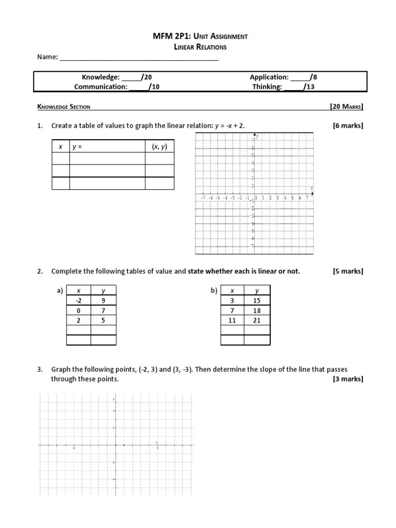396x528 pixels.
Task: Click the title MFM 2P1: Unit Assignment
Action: (x=200, y=36)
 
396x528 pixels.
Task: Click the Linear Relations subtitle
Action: (x=200, y=47)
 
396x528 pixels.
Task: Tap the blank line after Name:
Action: (x=139, y=58)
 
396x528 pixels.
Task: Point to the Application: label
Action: (x=269, y=77)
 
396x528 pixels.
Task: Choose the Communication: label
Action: (x=101, y=87)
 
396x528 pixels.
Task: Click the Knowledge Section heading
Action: (x=64, y=107)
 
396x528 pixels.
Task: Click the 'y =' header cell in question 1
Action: (x=107, y=147)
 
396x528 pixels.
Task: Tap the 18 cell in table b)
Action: (x=257, y=310)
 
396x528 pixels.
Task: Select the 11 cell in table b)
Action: (x=232, y=320)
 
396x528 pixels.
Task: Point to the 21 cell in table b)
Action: (x=257, y=320)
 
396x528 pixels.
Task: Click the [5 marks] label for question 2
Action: (x=348, y=271)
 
